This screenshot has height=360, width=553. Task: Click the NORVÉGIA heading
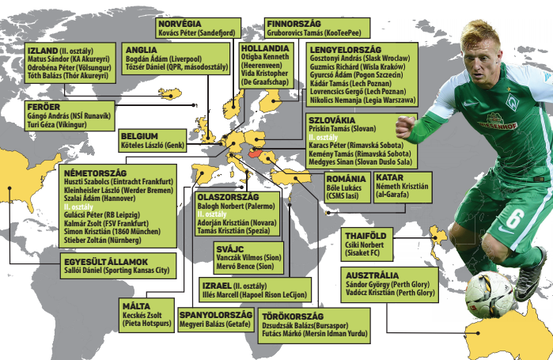(180, 24)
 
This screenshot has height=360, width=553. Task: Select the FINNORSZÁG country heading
(294, 24)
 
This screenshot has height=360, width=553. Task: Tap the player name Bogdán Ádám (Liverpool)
(164, 59)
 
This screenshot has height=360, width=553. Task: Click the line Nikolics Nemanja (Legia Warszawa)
(362, 100)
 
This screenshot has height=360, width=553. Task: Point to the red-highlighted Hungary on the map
(256, 153)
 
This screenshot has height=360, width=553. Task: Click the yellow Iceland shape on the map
(170, 94)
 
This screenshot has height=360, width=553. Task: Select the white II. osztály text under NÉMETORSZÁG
(78, 207)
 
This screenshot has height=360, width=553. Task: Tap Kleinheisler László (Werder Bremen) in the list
(119, 191)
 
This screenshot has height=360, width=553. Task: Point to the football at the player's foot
(490, 295)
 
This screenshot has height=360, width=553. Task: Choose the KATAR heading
(389, 177)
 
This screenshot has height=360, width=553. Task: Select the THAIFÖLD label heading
(366, 236)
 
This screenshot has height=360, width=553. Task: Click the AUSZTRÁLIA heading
(372, 275)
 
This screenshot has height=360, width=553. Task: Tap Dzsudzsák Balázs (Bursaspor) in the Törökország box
(305, 325)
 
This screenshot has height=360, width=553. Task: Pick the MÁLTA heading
(136, 306)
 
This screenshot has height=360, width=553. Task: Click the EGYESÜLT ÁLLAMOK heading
(106, 262)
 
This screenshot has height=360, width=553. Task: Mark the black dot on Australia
(478, 333)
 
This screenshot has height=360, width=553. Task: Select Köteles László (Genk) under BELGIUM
(153, 145)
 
